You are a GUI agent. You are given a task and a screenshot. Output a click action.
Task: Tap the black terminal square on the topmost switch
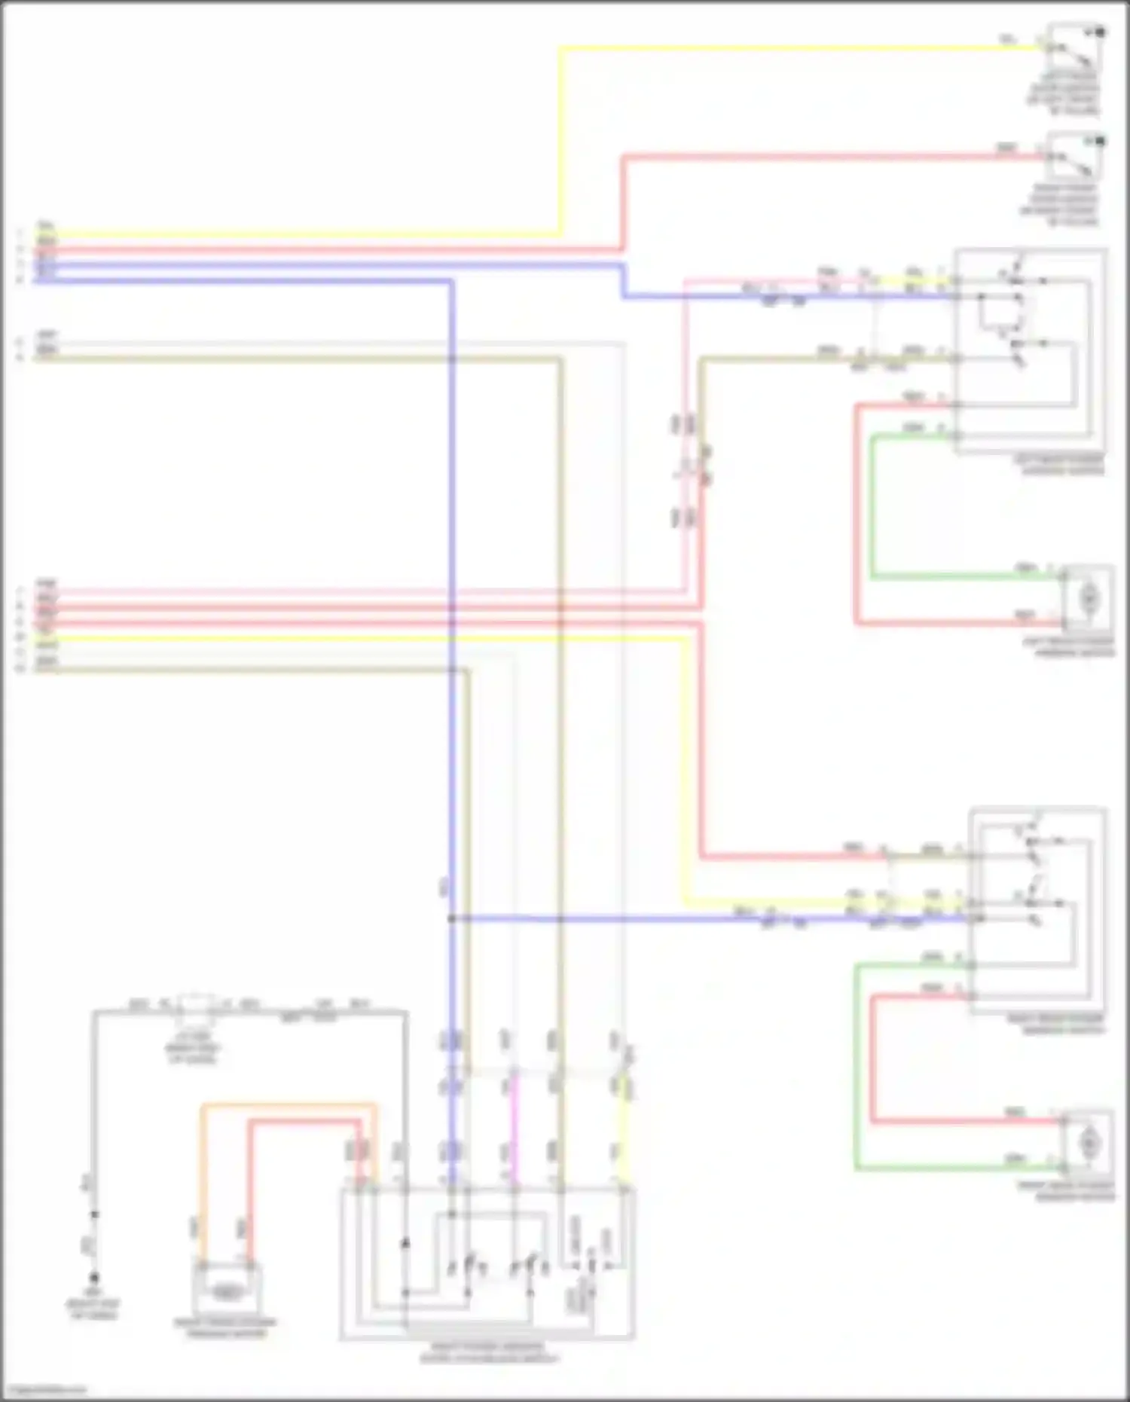[x=1100, y=32]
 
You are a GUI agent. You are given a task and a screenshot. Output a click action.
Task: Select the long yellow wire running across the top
[x=791, y=49]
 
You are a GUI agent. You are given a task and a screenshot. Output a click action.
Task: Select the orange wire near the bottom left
[x=286, y=1106]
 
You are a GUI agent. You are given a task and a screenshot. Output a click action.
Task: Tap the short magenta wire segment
[x=515, y=1130]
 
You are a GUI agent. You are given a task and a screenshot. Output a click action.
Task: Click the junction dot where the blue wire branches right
[x=451, y=918]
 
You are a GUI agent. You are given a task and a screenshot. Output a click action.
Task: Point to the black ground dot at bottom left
[x=94, y=1278]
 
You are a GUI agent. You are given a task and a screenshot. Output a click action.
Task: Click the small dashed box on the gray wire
[x=196, y=1005]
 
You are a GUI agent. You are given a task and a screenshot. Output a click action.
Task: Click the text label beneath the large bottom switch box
[x=488, y=1353]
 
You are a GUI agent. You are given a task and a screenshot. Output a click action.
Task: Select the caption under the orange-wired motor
[x=226, y=1327]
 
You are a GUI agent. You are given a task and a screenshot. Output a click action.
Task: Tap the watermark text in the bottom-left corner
[x=44, y=1391]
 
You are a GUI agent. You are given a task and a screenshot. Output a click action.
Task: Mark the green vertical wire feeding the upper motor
[x=872, y=505]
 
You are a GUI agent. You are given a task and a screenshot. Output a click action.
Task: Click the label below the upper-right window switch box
[x=1061, y=465]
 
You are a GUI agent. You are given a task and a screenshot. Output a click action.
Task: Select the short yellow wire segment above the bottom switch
[x=625, y=1130]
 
